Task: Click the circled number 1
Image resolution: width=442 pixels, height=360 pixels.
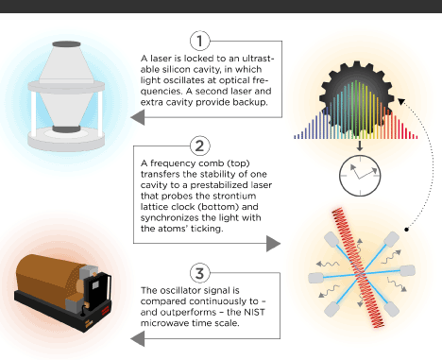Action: [x=199, y=41]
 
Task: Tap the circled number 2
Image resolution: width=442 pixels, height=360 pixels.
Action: [x=199, y=146]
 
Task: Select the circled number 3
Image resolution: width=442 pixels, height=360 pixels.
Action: [x=199, y=273]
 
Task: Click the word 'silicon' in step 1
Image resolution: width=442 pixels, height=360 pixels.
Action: [x=177, y=69]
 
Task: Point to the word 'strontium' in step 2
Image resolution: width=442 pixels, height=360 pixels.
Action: [x=234, y=196]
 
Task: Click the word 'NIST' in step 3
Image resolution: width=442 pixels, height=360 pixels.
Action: [x=255, y=312]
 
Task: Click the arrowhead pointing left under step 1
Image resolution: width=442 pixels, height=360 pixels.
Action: [x=138, y=117]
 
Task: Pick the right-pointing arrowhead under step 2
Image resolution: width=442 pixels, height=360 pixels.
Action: [x=273, y=244]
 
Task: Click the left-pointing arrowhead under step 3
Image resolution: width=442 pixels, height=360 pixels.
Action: [x=138, y=339]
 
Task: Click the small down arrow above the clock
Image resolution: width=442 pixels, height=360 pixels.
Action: [x=360, y=146]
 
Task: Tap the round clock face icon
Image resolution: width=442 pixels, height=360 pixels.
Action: [x=360, y=176]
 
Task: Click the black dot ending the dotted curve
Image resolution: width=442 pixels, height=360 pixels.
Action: [x=406, y=230]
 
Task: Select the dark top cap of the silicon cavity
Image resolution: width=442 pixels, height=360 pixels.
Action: [x=66, y=44]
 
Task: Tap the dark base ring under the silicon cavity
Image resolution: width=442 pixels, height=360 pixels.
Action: [x=66, y=129]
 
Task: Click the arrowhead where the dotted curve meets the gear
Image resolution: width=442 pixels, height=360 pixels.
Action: [x=400, y=101]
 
